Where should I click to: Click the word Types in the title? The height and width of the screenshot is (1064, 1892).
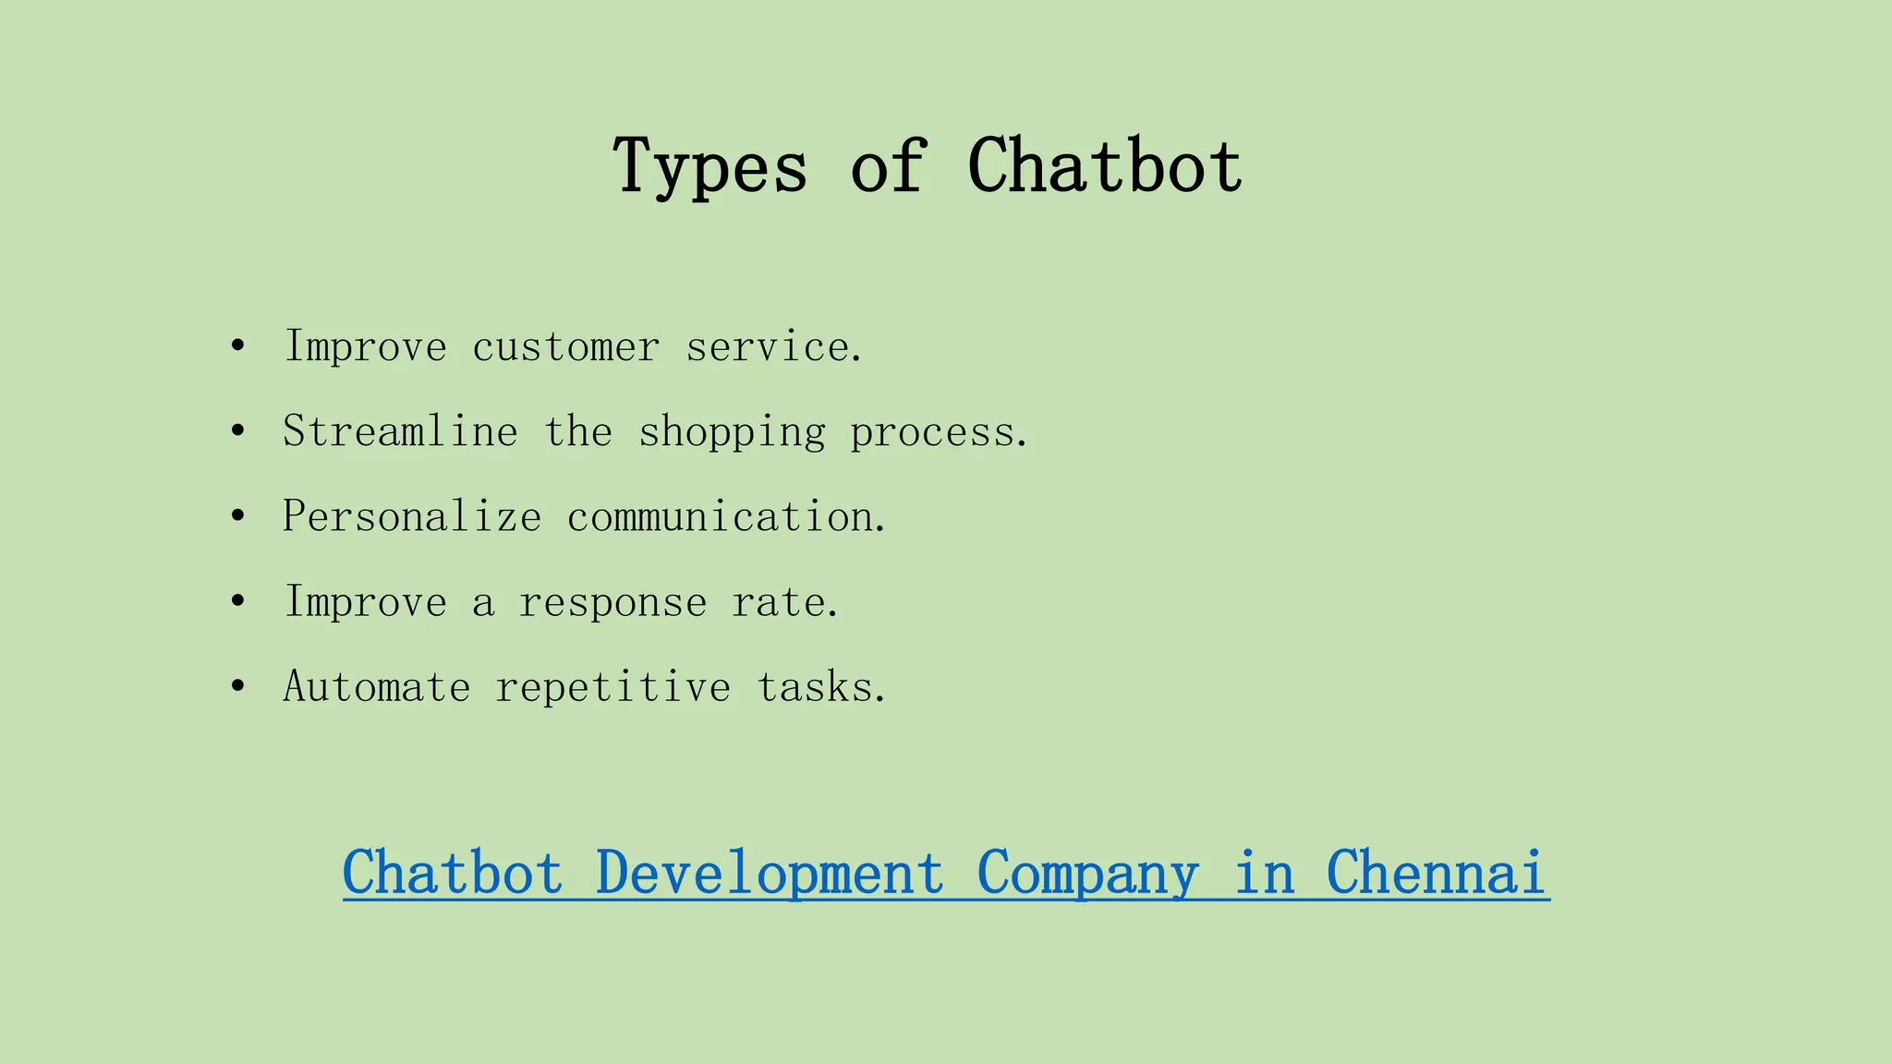pos(709,167)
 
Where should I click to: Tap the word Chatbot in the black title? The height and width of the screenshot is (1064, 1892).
pos(1105,165)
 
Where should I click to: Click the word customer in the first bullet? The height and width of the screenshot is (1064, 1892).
pos(565,347)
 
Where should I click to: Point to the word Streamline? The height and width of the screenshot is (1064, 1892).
pos(400,432)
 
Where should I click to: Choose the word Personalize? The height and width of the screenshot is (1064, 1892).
pos(412,516)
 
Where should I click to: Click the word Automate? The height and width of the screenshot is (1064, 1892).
pos(377,687)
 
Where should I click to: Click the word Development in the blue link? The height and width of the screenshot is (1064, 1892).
pos(770,874)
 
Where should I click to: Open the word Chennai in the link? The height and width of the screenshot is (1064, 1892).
pos(1437,872)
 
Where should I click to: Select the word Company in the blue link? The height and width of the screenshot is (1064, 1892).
pos(1087,874)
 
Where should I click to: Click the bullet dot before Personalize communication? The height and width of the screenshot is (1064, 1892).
pos(238,516)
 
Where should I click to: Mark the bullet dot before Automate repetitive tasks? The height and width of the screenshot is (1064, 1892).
pos(238,686)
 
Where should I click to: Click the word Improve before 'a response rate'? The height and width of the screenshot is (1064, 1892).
pos(366,602)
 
